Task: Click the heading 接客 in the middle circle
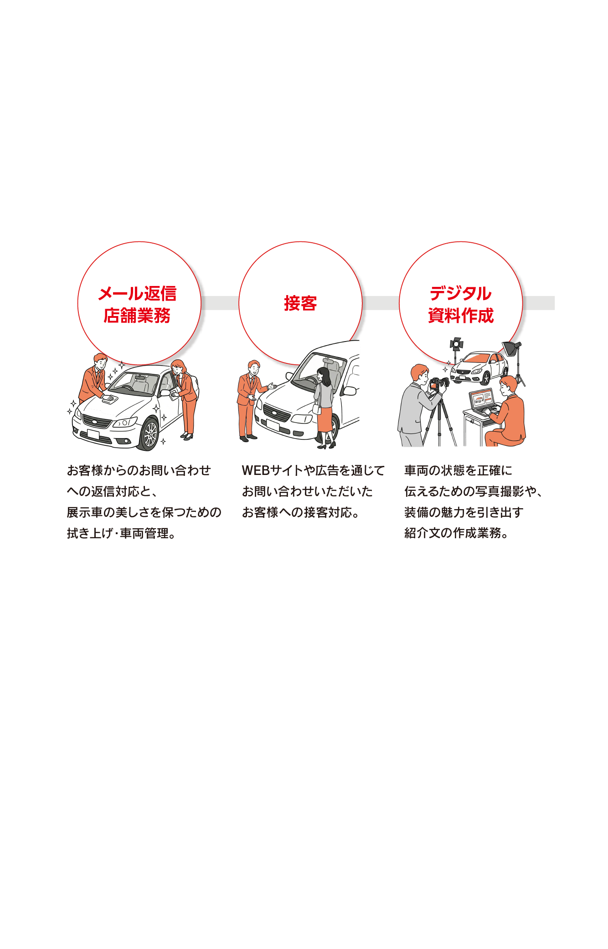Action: pos(300,303)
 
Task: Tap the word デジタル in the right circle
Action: pos(461,293)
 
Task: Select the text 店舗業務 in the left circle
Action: pos(137,315)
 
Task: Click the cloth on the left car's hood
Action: pos(110,399)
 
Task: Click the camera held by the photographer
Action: pos(439,383)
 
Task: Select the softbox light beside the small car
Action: pos(511,348)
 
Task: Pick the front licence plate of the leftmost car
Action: pos(93,434)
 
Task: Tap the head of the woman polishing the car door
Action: pos(178,367)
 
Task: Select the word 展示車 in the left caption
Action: pos(85,512)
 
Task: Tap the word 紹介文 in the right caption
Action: pos(422,533)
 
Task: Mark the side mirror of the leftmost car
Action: pos(166,392)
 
